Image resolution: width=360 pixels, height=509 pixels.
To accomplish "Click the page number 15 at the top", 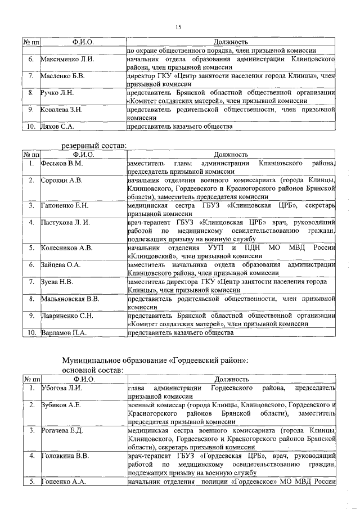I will coord(179,28).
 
